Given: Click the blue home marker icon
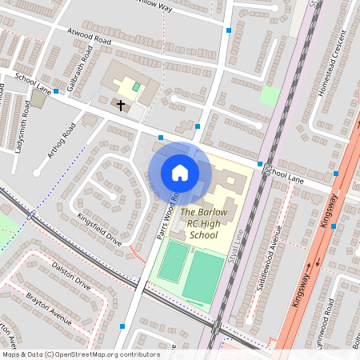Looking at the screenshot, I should click(x=180, y=173).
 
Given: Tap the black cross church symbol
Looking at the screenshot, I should click(x=121, y=105).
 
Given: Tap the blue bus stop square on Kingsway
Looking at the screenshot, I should click(x=334, y=226).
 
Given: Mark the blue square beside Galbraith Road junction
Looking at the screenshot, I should click(x=56, y=91).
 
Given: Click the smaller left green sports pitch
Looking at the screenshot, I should click(x=170, y=262).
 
